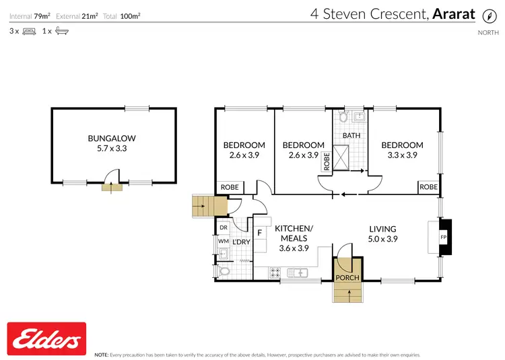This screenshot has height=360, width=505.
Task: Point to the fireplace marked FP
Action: tap(443, 238)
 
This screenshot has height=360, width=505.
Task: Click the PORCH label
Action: tap(348, 278)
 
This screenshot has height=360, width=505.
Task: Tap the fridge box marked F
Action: tap(259, 233)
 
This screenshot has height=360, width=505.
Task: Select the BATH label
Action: tap(351, 135)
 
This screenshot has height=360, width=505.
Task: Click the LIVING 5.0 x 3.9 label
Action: tap(382, 233)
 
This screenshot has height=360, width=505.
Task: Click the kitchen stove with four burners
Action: tap(275, 273)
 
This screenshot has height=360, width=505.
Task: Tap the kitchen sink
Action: tap(297, 273)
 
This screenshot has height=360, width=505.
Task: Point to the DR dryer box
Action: tap(223, 228)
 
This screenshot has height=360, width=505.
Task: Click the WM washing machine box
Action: tap(223, 241)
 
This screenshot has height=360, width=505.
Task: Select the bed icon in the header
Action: tap(29, 31)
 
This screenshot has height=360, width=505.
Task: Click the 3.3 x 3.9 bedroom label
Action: tap(402, 154)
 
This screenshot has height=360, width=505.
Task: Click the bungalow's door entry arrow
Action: tap(107, 187)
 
